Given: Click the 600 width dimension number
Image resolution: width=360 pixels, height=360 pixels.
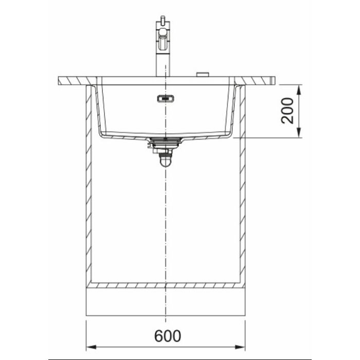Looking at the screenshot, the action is [168, 336].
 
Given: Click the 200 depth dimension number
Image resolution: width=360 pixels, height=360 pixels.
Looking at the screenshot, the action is [287, 111].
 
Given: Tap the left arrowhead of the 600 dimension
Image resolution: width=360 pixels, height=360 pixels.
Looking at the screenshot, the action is [91, 347].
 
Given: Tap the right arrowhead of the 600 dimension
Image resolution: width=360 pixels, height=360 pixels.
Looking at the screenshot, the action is [240, 347].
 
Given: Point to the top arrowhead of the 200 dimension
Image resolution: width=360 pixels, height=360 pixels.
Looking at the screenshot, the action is [298, 89].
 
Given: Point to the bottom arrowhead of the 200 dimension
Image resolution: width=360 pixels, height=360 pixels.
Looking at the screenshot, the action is [298, 133].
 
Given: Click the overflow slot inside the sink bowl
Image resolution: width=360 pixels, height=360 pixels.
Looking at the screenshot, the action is [166, 99].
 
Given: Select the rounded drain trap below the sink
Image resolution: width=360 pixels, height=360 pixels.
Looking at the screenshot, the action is [165, 160].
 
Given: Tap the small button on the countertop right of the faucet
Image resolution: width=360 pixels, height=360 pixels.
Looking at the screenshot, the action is [203, 74].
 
